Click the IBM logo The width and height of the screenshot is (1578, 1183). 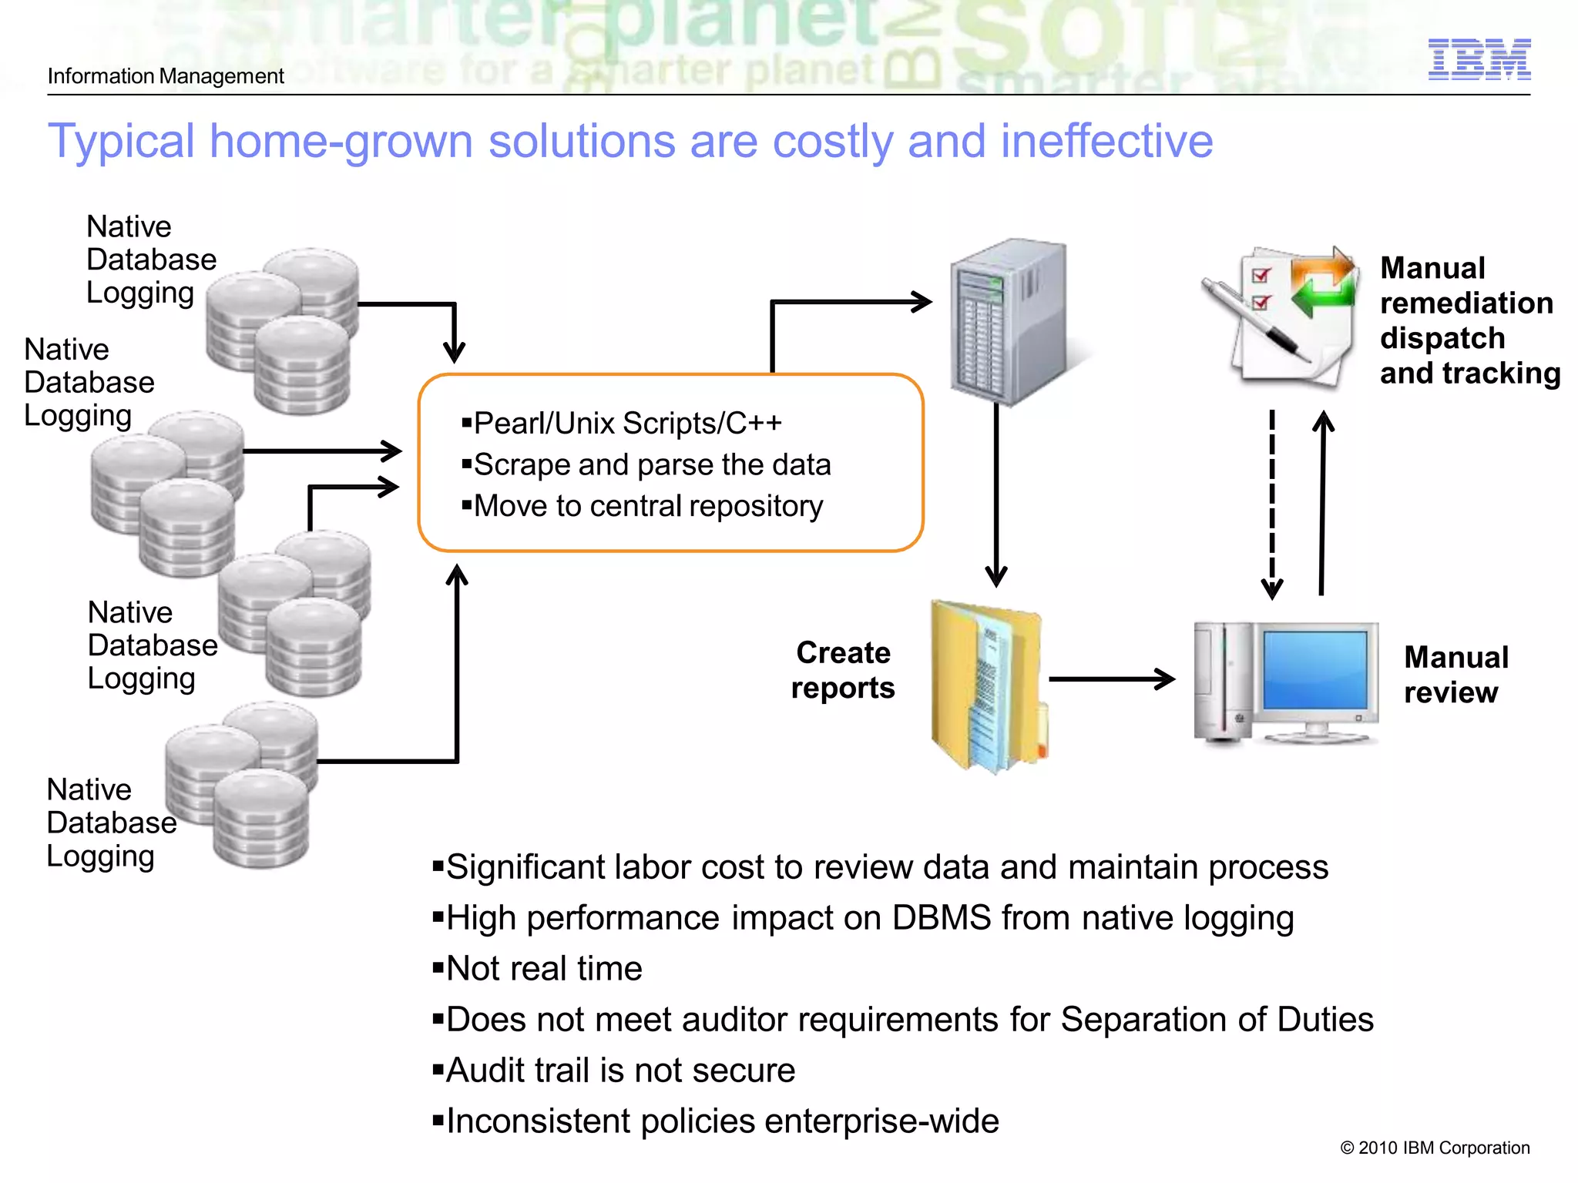[x=1479, y=59]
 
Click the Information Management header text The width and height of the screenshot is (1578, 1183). [x=166, y=76]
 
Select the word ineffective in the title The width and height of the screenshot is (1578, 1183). [x=1106, y=141]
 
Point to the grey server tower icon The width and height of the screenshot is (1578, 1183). [x=1009, y=321]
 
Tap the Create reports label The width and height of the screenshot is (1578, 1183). [x=843, y=670]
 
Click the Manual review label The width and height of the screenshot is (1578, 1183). [x=1455, y=675]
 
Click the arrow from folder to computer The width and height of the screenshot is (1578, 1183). [x=1111, y=679]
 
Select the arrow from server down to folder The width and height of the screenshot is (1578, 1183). [x=996, y=493]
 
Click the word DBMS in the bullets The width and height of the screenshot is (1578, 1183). [x=942, y=917]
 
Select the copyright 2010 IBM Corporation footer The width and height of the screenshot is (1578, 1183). [x=1435, y=1148]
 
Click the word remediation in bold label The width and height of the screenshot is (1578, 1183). [x=1466, y=303]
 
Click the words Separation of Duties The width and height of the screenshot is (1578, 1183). [x=1217, y=1019]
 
